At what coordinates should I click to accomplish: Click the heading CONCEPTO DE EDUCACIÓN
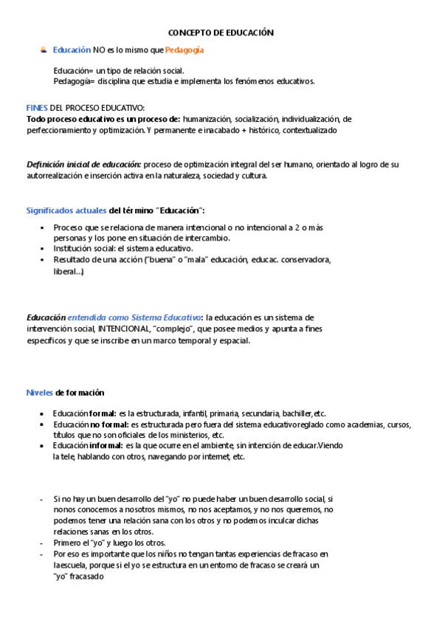221,33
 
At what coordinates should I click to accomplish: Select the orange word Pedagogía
184,50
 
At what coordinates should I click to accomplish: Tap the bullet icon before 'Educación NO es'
44,50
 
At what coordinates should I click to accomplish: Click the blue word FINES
37,108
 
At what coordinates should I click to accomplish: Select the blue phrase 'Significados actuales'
66,211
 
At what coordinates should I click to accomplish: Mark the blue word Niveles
40,392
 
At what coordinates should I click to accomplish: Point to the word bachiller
297,413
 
